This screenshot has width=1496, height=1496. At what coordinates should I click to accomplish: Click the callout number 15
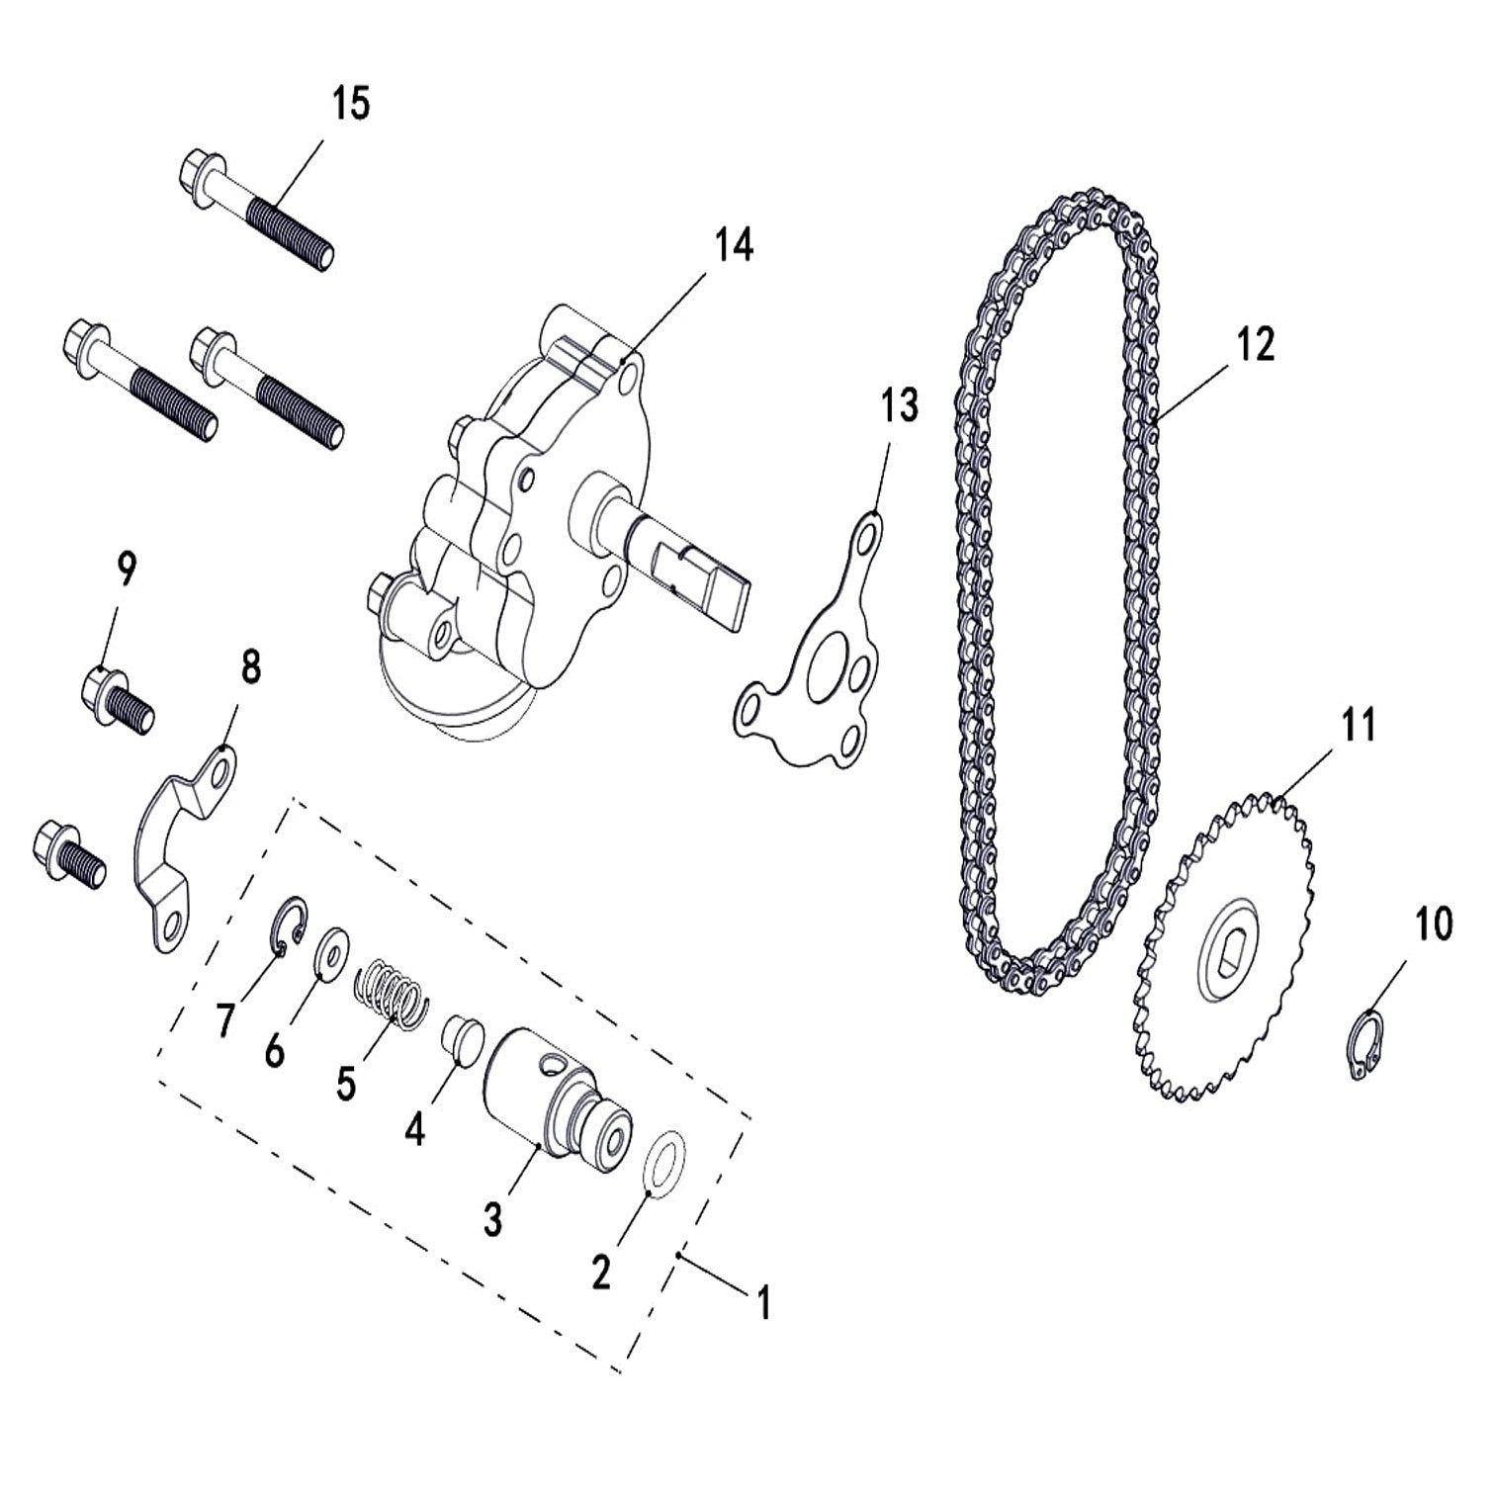pos(350,103)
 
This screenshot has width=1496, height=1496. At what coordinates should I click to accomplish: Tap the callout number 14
pos(733,244)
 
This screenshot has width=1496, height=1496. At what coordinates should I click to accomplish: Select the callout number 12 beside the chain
pos(1254,343)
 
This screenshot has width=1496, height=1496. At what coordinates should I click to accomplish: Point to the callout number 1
pos(762,1302)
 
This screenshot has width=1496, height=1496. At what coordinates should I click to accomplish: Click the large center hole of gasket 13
pos(828,674)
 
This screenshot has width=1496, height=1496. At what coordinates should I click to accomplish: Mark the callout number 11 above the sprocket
pos(1359,725)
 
